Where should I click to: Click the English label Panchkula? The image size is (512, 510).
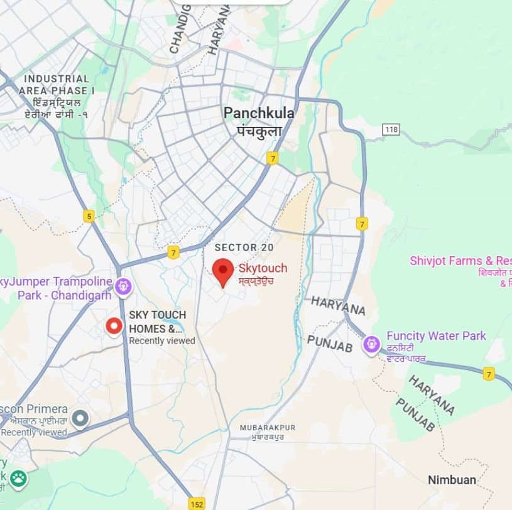(259, 114)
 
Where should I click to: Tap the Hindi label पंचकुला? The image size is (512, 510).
(259, 131)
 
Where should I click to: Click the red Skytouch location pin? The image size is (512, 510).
(222, 271)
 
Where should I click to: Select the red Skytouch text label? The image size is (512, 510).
(263, 268)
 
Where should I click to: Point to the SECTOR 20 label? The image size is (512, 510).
(244, 247)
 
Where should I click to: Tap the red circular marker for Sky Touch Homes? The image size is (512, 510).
(114, 326)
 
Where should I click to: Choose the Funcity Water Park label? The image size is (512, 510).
(436, 336)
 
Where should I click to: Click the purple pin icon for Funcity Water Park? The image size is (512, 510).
(372, 344)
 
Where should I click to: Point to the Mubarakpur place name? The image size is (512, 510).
(267, 428)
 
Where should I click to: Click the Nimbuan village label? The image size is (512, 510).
(452, 480)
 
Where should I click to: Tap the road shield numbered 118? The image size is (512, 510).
(391, 129)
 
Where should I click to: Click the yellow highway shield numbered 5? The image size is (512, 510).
(89, 216)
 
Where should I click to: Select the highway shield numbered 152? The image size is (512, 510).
(197, 503)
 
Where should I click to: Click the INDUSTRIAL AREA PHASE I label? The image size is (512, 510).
(57, 85)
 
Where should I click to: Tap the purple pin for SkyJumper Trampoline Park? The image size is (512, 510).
(124, 287)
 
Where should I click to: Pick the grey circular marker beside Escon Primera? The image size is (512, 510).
(80, 418)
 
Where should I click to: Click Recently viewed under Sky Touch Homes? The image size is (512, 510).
(162, 341)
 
